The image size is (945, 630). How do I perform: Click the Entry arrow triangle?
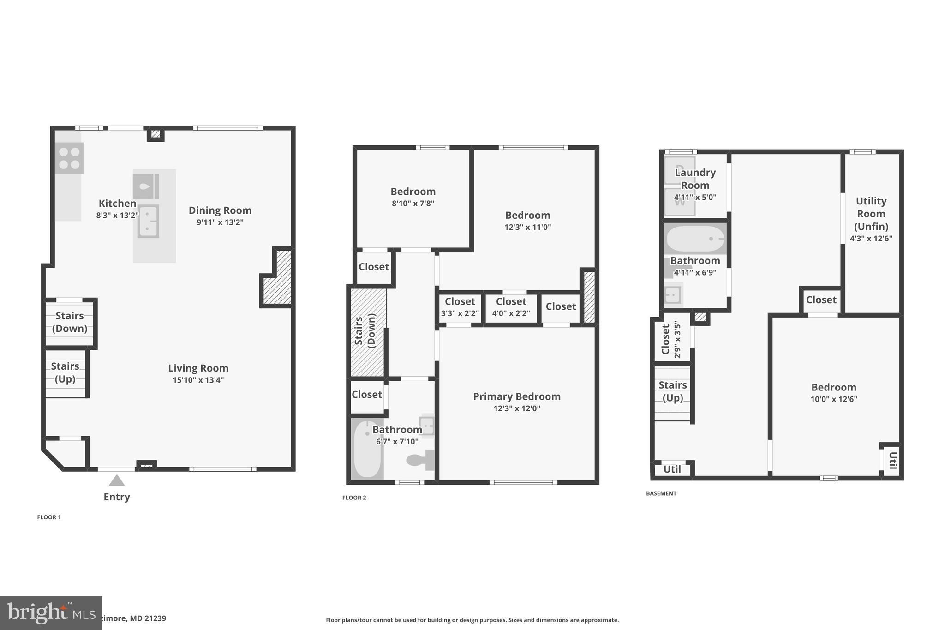(x=117, y=481)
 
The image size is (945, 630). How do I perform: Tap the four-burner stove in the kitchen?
(x=69, y=158)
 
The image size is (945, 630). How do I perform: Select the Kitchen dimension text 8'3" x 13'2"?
(x=117, y=215)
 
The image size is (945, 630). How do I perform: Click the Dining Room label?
(x=220, y=210)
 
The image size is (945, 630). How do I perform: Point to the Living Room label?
(x=198, y=368)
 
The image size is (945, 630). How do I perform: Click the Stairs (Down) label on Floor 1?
(x=70, y=322)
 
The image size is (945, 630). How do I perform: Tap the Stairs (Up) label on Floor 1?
(x=65, y=372)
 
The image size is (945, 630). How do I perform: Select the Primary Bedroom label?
(x=516, y=396)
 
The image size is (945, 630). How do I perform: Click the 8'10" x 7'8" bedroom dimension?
(x=413, y=204)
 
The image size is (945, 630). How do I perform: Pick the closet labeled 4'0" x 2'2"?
(x=511, y=306)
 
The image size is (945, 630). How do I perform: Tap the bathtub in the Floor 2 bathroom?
(x=367, y=449)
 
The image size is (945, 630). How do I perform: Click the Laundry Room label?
(x=695, y=179)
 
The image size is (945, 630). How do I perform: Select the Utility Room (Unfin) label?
(x=871, y=214)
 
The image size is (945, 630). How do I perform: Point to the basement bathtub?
(x=695, y=239)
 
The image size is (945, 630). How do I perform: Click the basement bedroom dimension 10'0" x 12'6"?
(x=833, y=399)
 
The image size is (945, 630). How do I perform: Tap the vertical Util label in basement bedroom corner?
(x=892, y=460)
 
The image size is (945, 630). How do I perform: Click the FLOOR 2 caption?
(x=354, y=498)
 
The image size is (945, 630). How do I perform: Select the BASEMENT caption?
(x=661, y=493)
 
